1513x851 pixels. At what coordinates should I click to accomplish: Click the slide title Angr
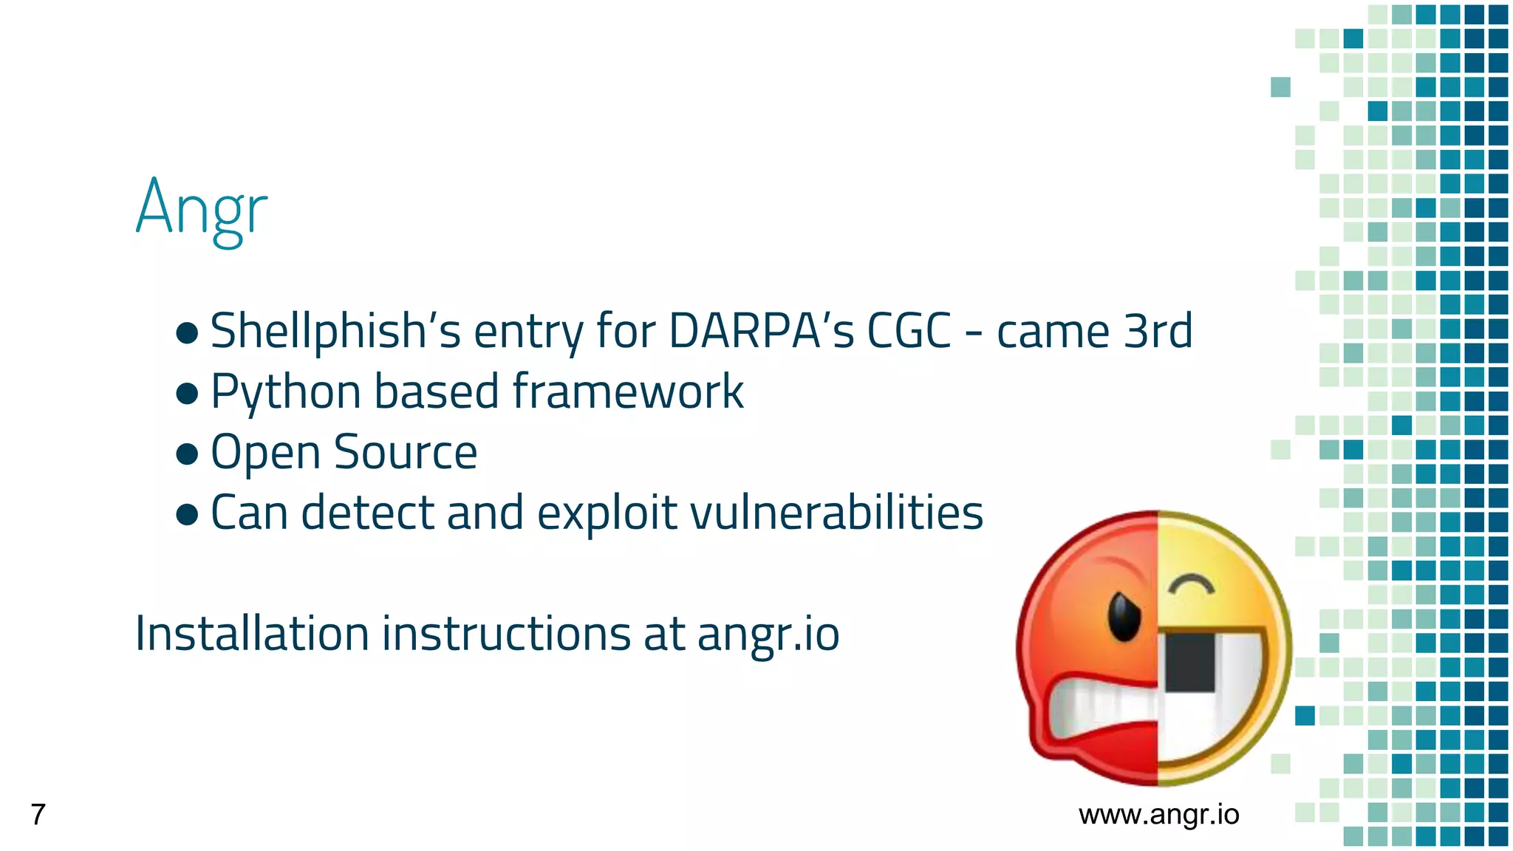[x=201, y=209]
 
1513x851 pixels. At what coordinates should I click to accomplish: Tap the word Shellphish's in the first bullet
[x=335, y=331]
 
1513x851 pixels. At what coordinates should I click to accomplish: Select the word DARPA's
[x=761, y=331]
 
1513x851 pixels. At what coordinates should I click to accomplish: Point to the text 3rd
[x=1158, y=331]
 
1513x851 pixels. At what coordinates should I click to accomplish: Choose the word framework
[x=628, y=392]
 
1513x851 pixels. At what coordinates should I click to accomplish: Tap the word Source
[x=406, y=452]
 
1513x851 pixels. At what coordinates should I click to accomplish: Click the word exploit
[x=607, y=513]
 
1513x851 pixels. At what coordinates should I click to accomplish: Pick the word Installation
[x=252, y=634]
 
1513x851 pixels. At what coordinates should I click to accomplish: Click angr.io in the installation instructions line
[x=768, y=635]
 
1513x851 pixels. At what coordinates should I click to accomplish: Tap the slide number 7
[x=38, y=814]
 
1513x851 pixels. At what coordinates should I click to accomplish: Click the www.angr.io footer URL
[x=1158, y=814]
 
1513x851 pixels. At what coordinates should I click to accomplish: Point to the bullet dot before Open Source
[x=188, y=454]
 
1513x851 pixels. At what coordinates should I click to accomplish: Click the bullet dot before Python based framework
[x=188, y=393]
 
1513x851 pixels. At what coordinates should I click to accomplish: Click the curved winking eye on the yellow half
[x=1191, y=584]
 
